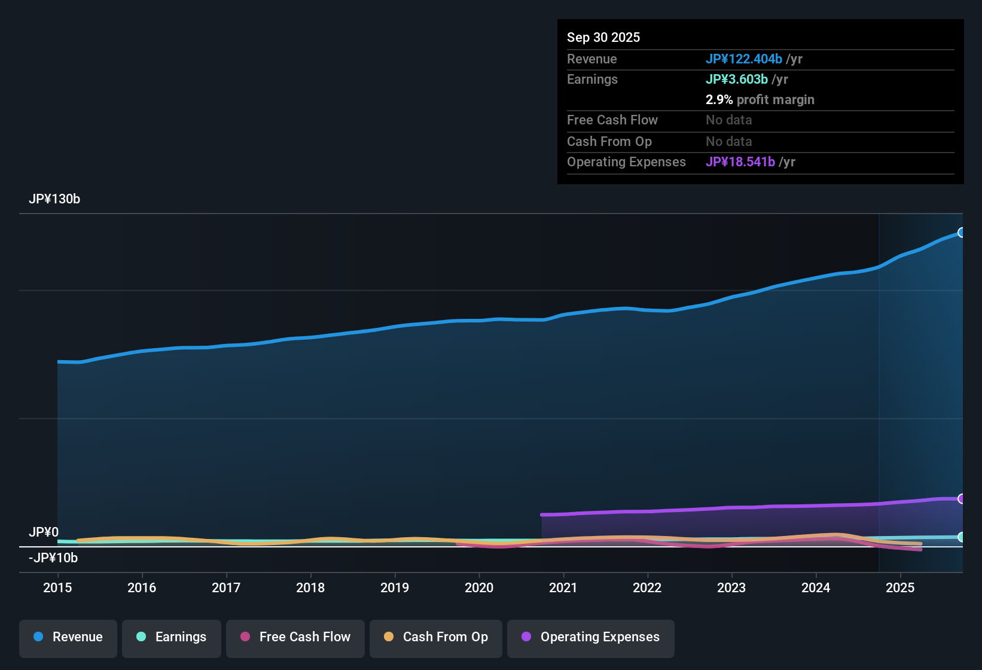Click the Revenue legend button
(68, 637)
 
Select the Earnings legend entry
(172, 637)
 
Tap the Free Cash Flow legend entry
(295, 637)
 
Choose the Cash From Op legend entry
(436, 637)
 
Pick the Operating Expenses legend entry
(591, 637)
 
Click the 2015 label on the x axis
(57, 588)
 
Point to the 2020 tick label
(479, 588)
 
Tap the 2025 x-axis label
(900, 588)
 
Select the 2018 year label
(310, 588)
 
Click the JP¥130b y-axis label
(54, 199)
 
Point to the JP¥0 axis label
(44, 532)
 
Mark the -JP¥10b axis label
(53, 558)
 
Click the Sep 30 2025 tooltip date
(603, 38)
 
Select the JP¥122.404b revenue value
(743, 59)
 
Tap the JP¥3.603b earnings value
(736, 80)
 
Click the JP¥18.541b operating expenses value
(740, 162)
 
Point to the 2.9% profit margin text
(760, 100)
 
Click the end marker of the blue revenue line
(961, 233)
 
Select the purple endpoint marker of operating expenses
(961, 499)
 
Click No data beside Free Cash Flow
(728, 120)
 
